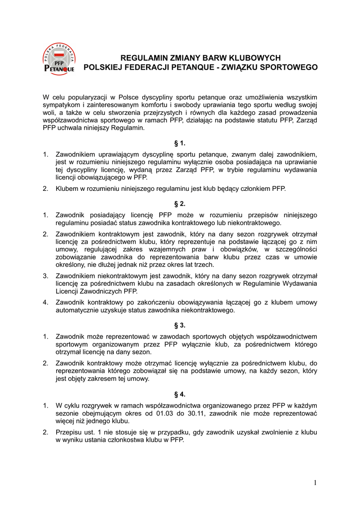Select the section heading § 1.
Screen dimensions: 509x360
pyautogui.click(x=180, y=143)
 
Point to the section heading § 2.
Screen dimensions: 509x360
pyautogui.click(x=180, y=204)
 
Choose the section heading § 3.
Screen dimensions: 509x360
pyautogui.click(x=180, y=325)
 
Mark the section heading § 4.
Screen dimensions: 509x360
pyautogui.click(x=180, y=394)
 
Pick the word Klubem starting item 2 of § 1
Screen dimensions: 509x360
pyautogui.click(x=68, y=189)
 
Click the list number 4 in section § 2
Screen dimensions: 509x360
pyautogui.click(x=45, y=302)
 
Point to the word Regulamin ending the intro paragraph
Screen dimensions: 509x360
pyautogui.click(x=128, y=128)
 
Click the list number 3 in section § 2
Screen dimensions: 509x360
pyautogui.click(x=45, y=276)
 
